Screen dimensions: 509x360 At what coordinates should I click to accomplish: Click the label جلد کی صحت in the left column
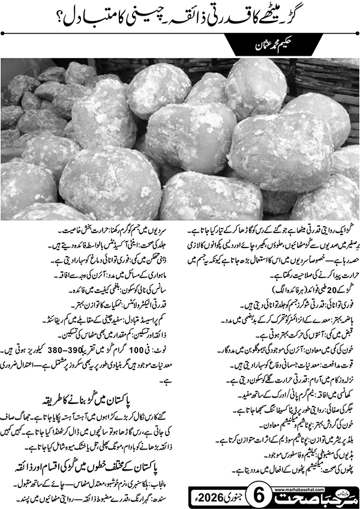pyautogui.click(x=163, y=243)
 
